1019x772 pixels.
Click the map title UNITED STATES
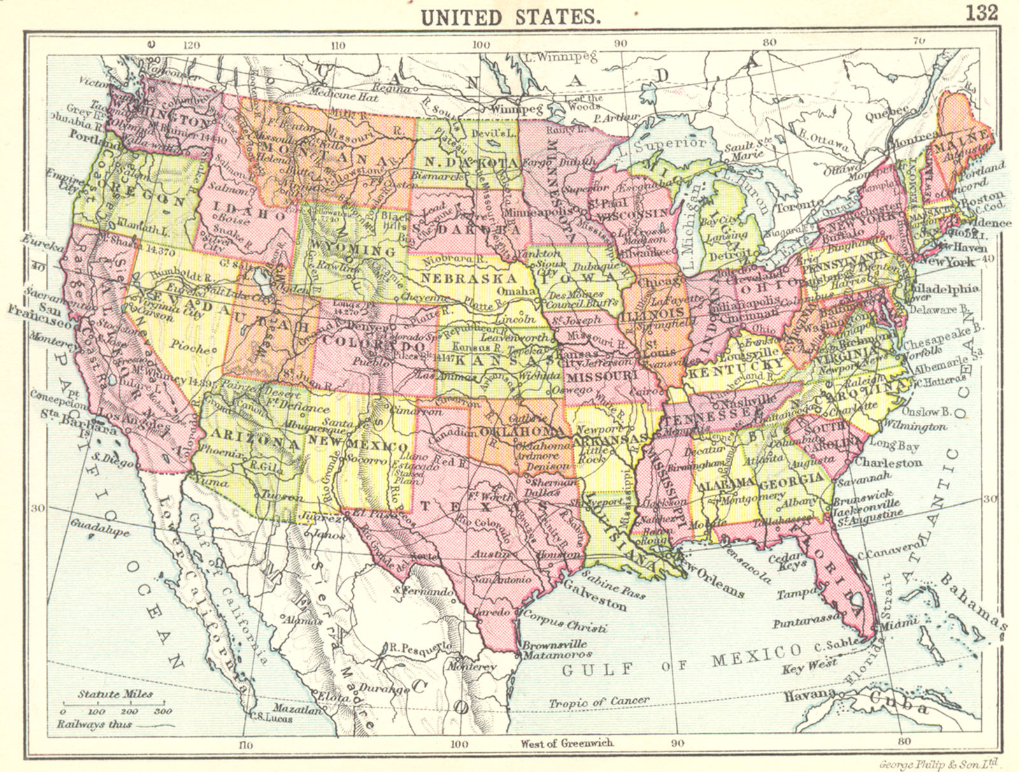pyautogui.click(x=509, y=16)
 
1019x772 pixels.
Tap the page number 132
pyautogui.click(x=981, y=12)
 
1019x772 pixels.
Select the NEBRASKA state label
pyautogui.click(x=467, y=278)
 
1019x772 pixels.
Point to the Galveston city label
pyautogui.click(x=595, y=600)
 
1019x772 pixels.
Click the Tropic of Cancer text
pyautogui.click(x=598, y=701)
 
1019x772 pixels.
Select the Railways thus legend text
pyautogui.click(x=94, y=724)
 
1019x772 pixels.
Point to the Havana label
pyautogui.click(x=809, y=694)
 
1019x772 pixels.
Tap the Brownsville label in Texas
pyautogui.click(x=553, y=644)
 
